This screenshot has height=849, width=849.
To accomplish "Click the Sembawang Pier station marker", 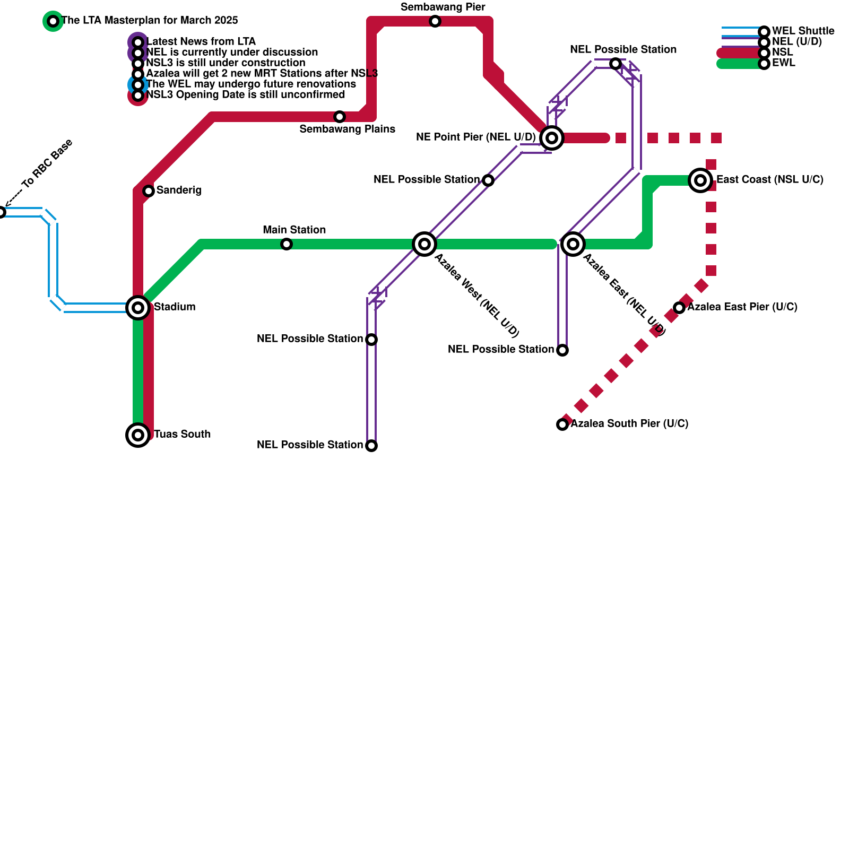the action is (435, 21).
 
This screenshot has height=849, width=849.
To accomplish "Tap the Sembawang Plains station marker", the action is (340, 117).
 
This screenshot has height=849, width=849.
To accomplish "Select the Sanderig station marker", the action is (149, 191).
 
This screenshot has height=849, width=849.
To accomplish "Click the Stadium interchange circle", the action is (138, 308).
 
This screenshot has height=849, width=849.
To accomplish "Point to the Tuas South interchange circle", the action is (138, 435).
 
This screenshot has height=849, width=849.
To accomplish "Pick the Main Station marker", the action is (287, 244).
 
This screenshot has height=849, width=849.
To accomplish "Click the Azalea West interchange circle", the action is (424, 244).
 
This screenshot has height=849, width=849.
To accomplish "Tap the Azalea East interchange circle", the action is (573, 244).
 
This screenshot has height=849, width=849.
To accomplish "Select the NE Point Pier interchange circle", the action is (552, 138).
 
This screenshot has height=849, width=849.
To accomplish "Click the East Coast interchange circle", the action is (700, 180).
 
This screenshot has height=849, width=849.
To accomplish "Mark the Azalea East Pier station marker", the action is (679, 308).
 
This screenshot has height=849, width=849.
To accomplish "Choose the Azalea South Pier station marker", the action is (562, 424).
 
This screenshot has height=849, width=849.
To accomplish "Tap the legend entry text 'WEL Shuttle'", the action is (803, 31).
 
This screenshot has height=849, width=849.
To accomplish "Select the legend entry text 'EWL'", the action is (783, 63).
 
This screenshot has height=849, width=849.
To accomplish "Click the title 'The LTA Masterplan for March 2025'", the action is (150, 21).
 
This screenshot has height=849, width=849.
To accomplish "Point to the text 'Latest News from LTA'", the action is (201, 42).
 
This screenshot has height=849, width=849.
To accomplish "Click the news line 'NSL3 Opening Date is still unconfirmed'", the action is (245, 95).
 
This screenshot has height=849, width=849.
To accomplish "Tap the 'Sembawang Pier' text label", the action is (443, 7).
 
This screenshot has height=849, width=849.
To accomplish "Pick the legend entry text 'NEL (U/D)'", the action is (796, 42).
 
